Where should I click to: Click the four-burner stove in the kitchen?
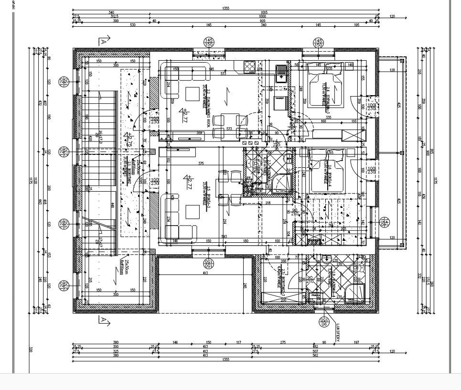[x=250, y=67]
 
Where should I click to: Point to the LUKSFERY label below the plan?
[x=339, y=333]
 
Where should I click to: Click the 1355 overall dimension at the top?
[x=225, y=9]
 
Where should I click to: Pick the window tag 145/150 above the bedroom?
[x=317, y=43]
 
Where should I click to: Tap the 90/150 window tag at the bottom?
[x=324, y=322]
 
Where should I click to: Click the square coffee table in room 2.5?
[x=193, y=211]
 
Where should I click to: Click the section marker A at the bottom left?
[x=103, y=320]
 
